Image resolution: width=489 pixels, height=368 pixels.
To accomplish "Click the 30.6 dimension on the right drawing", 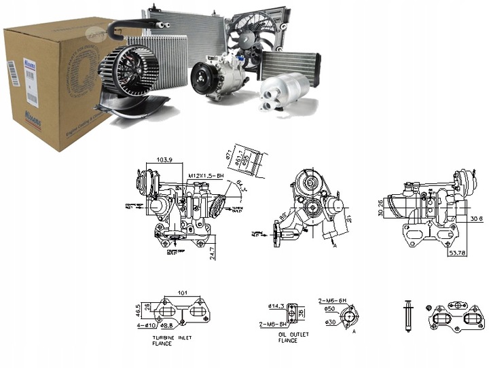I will click(x=475, y=218).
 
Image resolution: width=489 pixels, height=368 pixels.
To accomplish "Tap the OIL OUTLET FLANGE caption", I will click(x=293, y=337).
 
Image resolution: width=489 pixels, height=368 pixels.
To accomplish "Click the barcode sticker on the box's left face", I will click(x=11, y=72).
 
